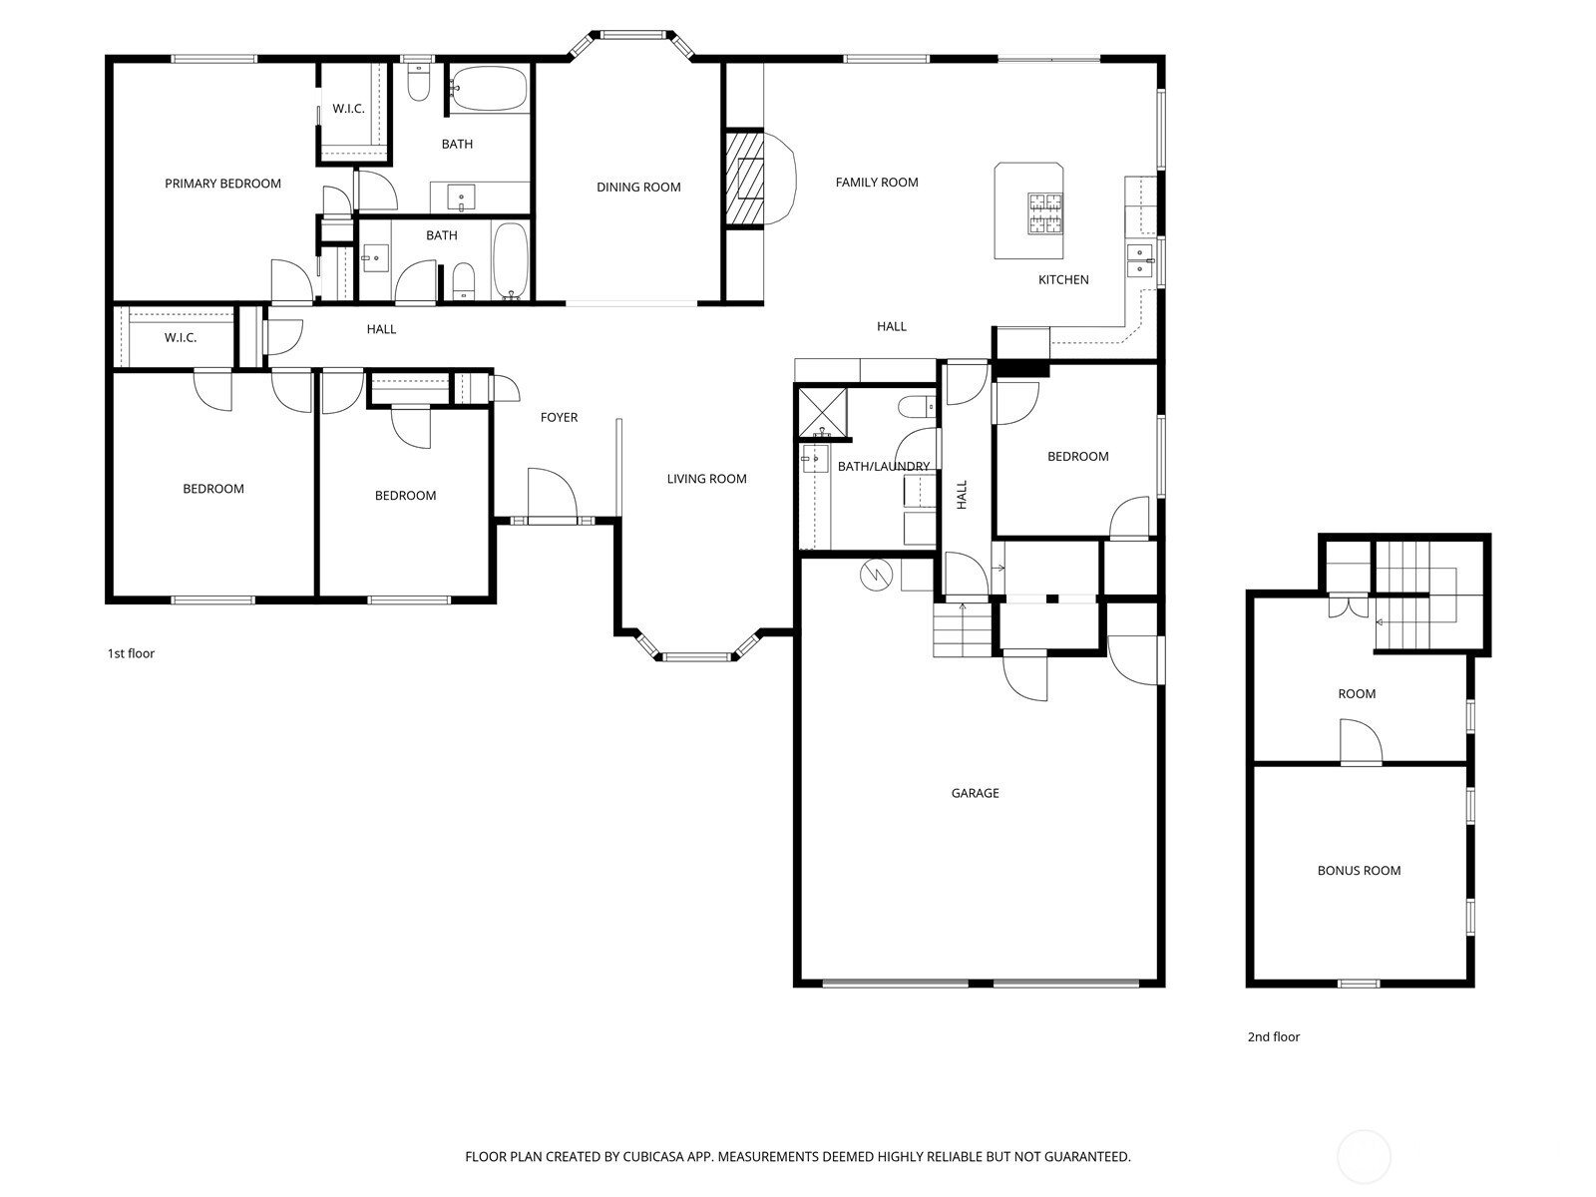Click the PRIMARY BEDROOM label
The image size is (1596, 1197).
[222, 184]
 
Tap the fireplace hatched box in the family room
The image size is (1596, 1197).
[743, 180]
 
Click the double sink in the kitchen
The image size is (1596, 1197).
[1139, 259]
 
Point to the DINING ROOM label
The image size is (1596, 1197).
[638, 188]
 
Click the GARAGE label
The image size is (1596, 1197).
[975, 794]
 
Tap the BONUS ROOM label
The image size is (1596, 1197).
[1359, 871]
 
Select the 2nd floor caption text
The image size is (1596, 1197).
[1273, 1037]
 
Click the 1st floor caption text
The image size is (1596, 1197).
[131, 654]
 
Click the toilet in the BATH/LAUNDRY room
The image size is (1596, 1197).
[916, 406]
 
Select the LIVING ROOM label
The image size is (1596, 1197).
[706, 480]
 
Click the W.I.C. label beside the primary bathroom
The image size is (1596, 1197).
[348, 109]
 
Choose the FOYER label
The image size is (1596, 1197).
[559, 418]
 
